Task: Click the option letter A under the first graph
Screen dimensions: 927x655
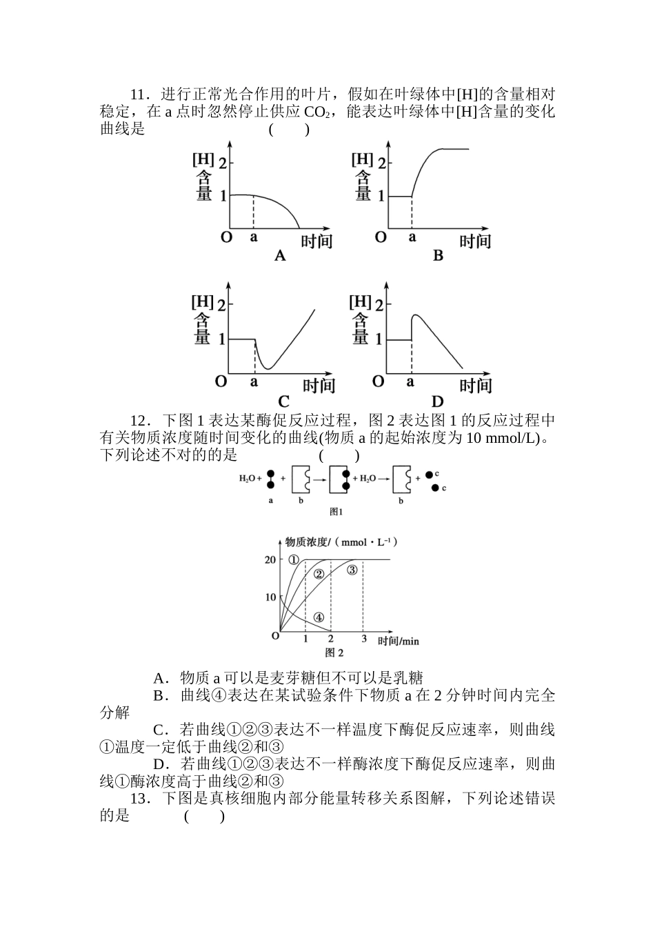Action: coord(280,257)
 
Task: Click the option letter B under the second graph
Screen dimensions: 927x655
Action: coord(438,257)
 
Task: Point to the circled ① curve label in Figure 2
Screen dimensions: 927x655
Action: coord(294,560)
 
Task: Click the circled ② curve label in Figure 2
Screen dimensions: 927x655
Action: coord(319,574)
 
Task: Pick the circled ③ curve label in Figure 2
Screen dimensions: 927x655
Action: coord(352,570)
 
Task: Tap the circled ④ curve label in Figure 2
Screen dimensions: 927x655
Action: coord(319,617)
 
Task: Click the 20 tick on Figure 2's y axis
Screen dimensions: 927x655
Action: coord(270,559)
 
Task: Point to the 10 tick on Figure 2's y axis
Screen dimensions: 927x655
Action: coord(270,597)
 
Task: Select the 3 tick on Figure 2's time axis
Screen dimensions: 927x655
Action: coord(364,639)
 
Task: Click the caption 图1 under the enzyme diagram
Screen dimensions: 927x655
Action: coord(336,512)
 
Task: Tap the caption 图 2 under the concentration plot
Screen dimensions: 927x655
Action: coord(334,652)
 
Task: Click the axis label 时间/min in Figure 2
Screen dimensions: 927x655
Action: coord(399,641)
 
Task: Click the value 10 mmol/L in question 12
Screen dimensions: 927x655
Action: coord(505,438)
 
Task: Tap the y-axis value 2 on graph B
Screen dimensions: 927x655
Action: coord(381,163)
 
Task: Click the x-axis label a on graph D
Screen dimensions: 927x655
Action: coord(411,381)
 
